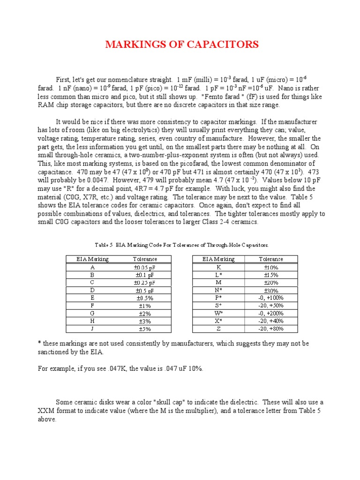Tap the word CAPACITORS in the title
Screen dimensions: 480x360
tap(225, 45)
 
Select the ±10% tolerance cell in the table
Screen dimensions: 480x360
tap(270, 267)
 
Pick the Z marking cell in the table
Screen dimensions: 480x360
tap(218, 329)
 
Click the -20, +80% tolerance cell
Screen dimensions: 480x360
tap(270, 329)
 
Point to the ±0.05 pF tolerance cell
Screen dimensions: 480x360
tap(145, 267)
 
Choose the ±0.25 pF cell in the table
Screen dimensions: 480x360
tap(145, 282)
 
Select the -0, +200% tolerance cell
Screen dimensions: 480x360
tap(270, 313)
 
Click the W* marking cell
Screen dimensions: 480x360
tap(218, 313)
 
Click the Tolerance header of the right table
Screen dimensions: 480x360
tap(270, 259)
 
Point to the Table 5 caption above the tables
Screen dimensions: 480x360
tap(181, 245)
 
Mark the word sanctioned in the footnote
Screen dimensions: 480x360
tap(54, 352)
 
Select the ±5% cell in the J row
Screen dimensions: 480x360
tap(145, 329)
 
